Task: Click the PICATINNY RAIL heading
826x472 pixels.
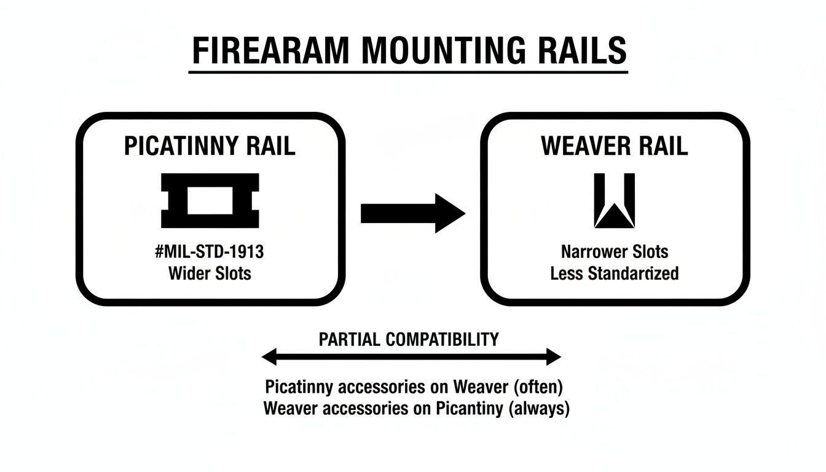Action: tap(210, 146)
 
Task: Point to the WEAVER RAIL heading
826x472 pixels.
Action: tap(615, 146)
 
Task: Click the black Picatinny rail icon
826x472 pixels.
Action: tap(210, 200)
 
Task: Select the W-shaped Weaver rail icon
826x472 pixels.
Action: tap(615, 200)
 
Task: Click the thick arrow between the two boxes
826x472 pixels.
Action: tap(412, 213)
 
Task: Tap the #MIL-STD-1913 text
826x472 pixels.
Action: tap(210, 251)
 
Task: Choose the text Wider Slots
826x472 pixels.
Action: tap(210, 273)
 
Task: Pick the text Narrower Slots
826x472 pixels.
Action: tap(615, 251)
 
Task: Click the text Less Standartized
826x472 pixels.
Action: tap(615, 273)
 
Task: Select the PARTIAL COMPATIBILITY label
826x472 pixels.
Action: tap(409, 339)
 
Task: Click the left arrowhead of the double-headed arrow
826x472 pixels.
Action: tap(269, 356)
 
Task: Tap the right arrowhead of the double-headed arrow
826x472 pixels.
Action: tap(554, 356)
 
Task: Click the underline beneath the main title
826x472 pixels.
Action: tap(408, 73)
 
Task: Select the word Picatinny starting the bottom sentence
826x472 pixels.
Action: tap(299, 387)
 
